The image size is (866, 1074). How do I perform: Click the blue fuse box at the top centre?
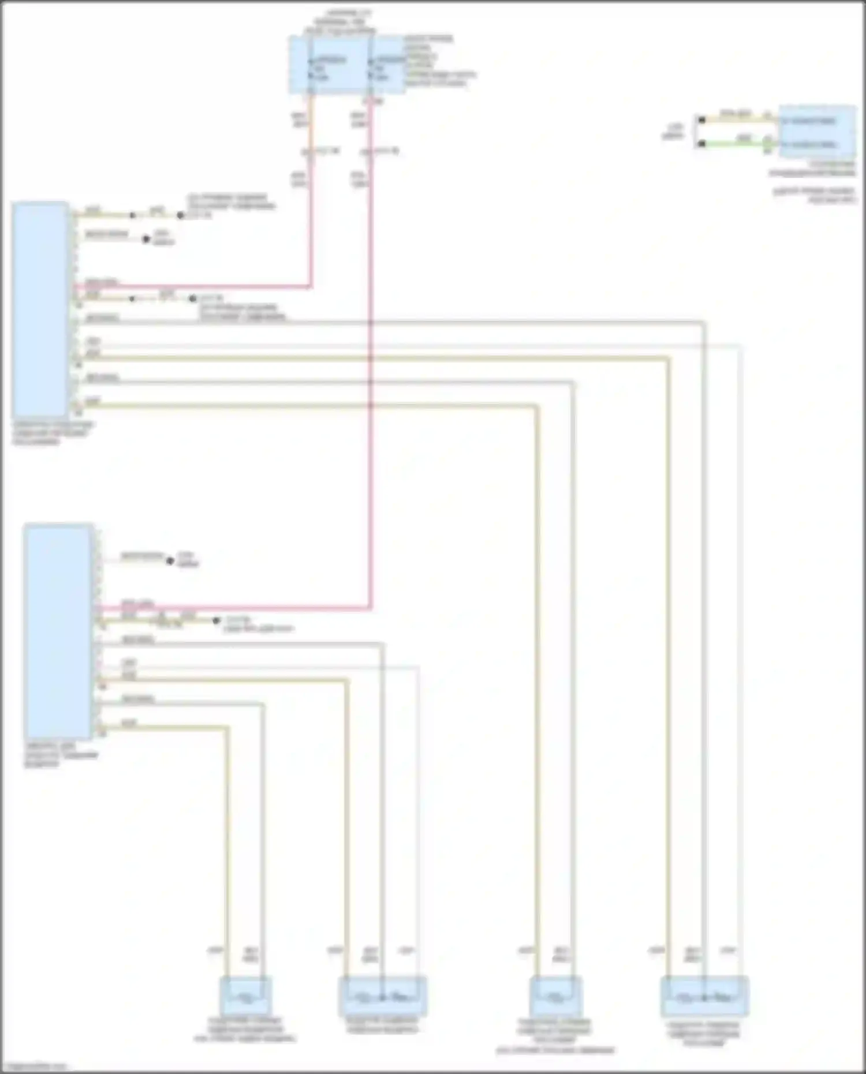(x=346, y=65)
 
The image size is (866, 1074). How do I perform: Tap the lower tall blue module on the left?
(x=58, y=631)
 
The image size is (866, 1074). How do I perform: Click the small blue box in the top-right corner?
(x=816, y=132)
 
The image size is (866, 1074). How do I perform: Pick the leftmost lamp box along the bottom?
(x=246, y=995)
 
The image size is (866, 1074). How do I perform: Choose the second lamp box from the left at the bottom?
(x=383, y=996)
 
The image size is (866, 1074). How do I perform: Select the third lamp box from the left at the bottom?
(x=555, y=996)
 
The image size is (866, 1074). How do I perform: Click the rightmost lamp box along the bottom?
(x=704, y=996)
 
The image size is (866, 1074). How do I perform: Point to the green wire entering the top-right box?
(x=733, y=143)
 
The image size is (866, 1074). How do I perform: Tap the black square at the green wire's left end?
(x=701, y=143)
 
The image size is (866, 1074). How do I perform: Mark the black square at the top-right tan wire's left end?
(x=701, y=120)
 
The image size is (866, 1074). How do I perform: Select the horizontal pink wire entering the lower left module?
(x=231, y=607)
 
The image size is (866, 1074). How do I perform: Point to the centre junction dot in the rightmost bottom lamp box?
(x=704, y=997)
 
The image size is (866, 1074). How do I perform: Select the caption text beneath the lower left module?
(x=61, y=755)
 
